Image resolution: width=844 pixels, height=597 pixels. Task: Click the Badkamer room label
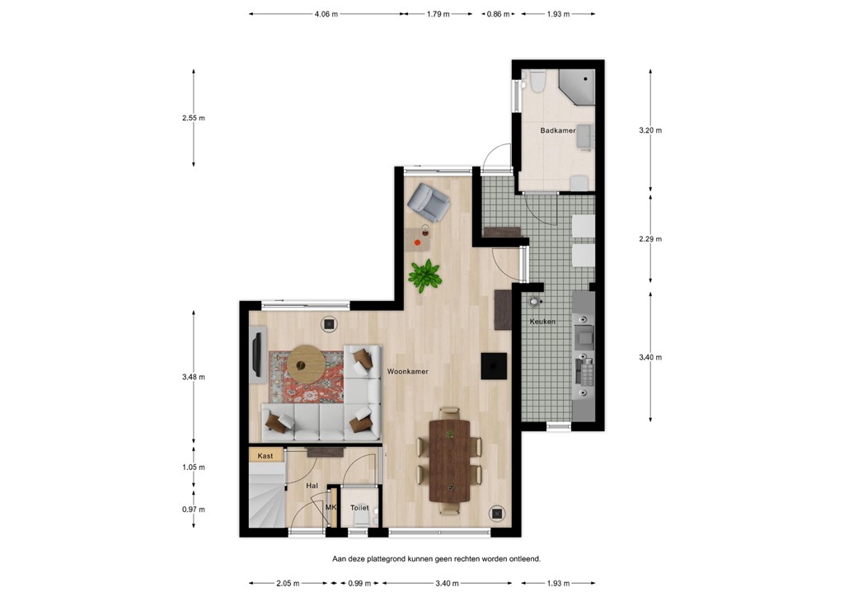click(x=558, y=131)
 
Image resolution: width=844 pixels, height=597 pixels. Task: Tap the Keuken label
click(x=542, y=322)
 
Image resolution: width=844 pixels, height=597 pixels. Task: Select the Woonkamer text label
click(x=407, y=372)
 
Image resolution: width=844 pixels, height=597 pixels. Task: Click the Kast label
click(x=265, y=456)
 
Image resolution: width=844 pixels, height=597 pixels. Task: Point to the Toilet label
click(x=359, y=508)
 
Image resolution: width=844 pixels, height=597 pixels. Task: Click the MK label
click(x=331, y=507)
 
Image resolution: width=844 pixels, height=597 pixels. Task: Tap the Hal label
click(x=312, y=487)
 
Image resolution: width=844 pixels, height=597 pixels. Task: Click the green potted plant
click(x=425, y=275)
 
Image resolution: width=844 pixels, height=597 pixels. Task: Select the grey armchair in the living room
click(x=428, y=201)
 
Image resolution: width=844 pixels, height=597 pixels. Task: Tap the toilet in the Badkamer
click(x=537, y=82)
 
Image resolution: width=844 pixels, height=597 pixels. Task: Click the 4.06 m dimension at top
click(x=326, y=14)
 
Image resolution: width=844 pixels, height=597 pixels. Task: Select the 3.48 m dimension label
click(x=194, y=377)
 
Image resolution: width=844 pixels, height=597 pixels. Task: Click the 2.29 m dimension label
click(x=651, y=239)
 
